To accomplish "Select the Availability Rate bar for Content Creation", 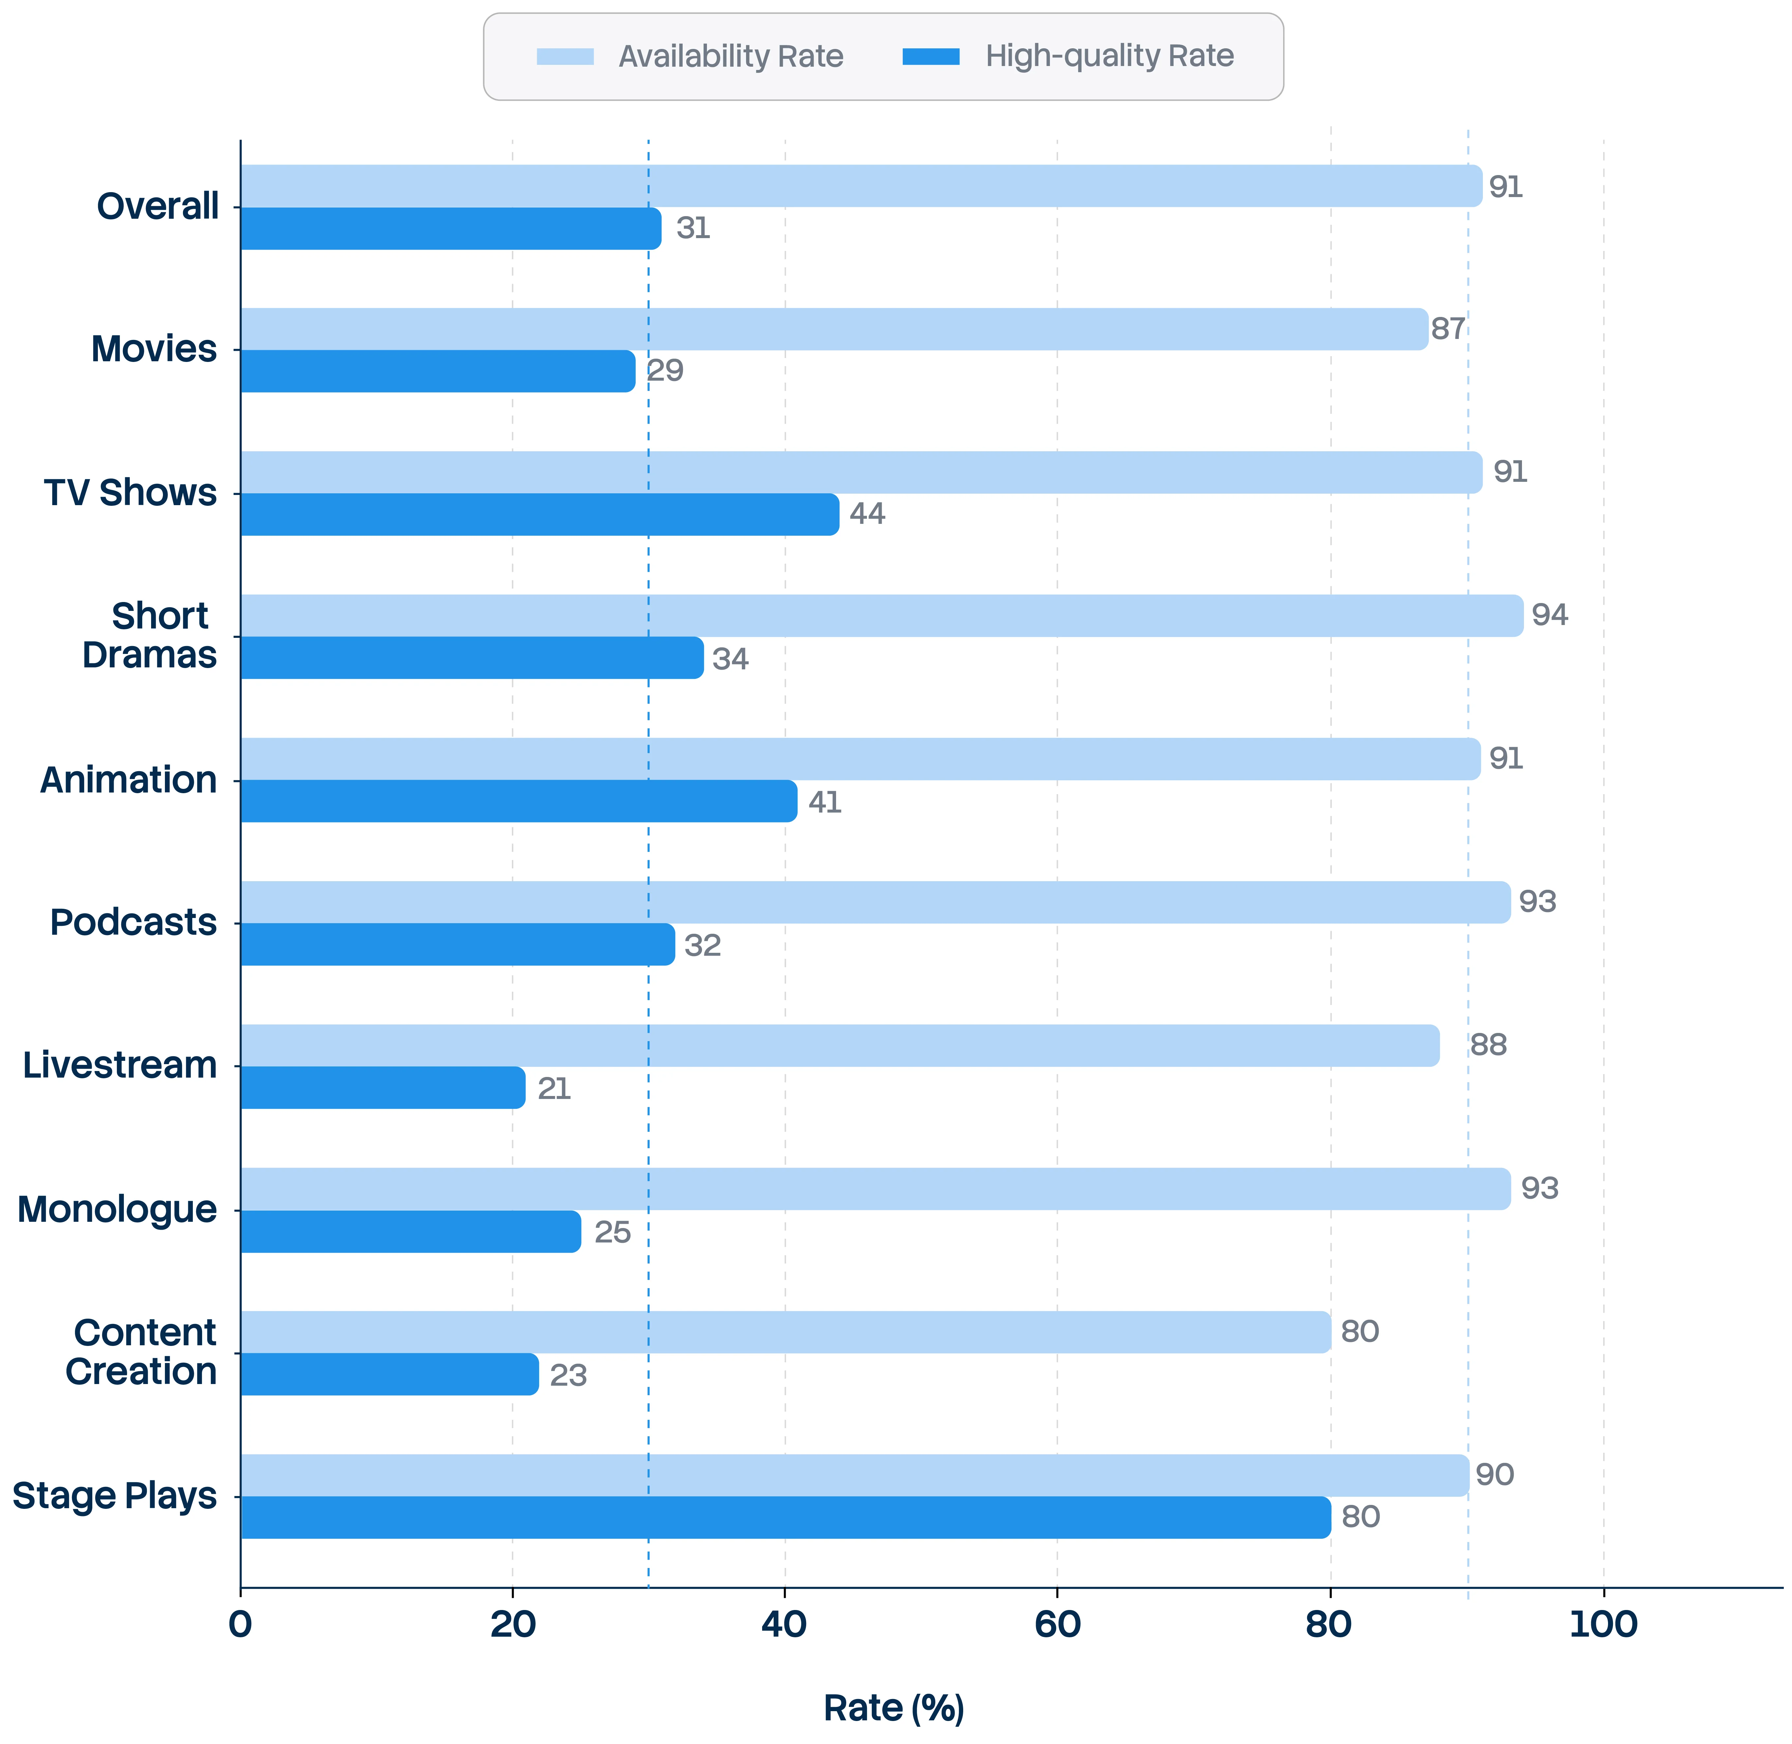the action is click(x=785, y=1332).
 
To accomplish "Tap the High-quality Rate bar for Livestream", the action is click(x=383, y=1087).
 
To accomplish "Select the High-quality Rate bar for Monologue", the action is click(x=410, y=1231).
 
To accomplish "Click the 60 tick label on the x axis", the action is click(x=1057, y=1624).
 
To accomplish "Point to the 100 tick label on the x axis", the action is click(x=1603, y=1624).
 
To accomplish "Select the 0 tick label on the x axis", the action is click(x=240, y=1624).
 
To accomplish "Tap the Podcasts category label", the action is click(x=134, y=922).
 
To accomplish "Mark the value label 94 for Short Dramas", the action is click(x=1550, y=615).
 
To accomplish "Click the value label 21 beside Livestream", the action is click(x=554, y=1088).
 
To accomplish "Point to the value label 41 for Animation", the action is click(x=825, y=802).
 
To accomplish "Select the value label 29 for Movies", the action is click(x=665, y=371).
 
